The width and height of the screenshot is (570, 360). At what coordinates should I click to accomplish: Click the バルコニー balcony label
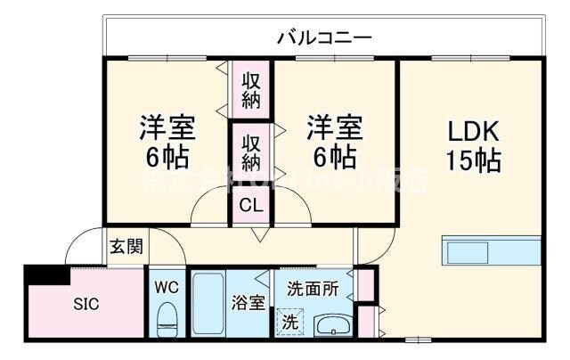click(323, 37)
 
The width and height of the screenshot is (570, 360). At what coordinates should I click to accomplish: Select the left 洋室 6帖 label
click(166, 143)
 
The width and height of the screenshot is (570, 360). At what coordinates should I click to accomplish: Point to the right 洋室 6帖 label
click(335, 143)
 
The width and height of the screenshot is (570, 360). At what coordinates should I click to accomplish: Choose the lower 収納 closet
click(252, 152)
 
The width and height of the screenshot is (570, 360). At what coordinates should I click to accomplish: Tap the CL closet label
click(252, 206)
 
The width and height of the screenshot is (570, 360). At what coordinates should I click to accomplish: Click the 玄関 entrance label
click(126, 246)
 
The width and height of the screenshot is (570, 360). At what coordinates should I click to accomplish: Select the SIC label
click(86, 304)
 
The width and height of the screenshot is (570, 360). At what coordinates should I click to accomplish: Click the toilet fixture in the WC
click(166, 318)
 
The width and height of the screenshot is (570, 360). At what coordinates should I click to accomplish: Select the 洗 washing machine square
click(289, 322)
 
